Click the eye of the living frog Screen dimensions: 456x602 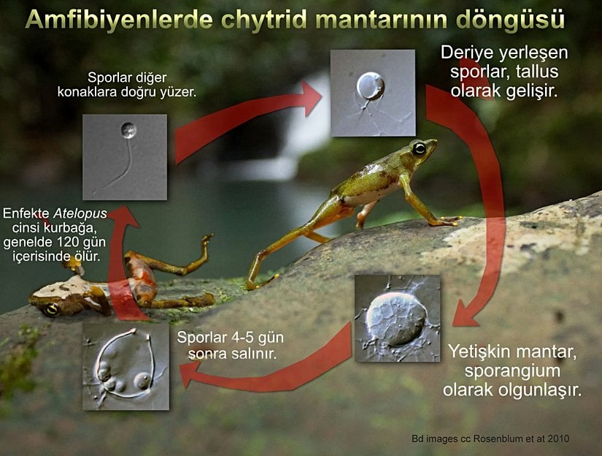point(420,148)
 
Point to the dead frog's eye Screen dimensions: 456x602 point(52,309)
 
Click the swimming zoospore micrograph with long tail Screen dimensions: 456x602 point(124,157)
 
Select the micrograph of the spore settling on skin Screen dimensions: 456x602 point(372,93)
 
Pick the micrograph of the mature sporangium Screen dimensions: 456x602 point(397,318)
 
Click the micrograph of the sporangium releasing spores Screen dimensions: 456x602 point(126,366)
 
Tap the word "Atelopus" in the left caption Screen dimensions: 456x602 point(81,213)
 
